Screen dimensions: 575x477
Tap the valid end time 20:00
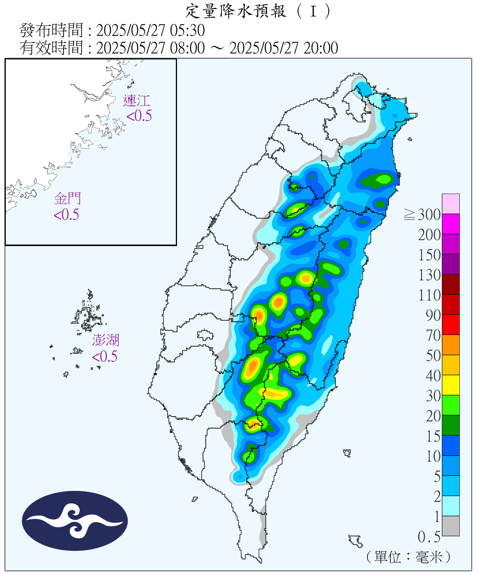(321, 48)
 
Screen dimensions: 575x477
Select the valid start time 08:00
(188, 48)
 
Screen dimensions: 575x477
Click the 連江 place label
(136, 101)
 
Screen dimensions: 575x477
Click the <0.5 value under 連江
(139, 115)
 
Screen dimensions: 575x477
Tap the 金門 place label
(67, 199)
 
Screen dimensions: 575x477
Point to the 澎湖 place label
(105, 340)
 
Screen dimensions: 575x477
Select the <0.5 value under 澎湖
(105, 356)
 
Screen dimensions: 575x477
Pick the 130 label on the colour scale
(429, 275)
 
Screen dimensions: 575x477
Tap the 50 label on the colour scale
(433, 355)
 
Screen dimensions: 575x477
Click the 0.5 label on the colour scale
(429, 537)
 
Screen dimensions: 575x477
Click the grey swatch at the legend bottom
(451, 526)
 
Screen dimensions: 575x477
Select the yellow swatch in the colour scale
(451, 385)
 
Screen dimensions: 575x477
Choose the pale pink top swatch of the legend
(451, 204)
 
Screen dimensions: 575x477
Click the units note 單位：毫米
(408, 557)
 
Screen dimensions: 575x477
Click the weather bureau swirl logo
(75, 521)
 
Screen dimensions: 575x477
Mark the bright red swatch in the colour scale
(451, 324)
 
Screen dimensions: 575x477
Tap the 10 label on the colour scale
(433, 456)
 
